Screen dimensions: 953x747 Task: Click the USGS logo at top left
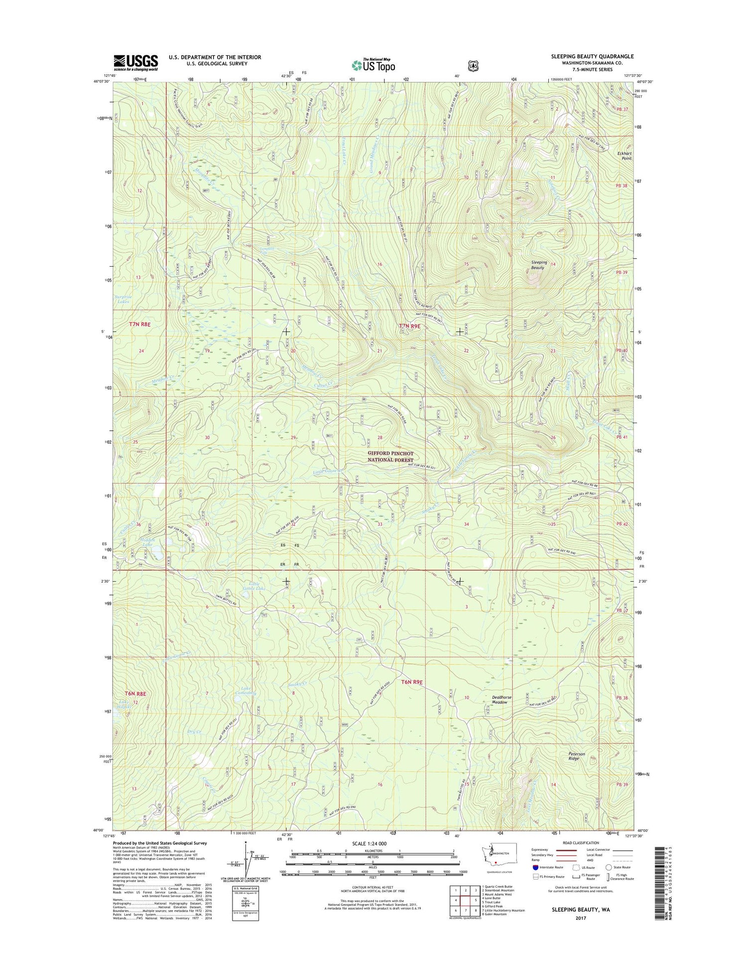135,63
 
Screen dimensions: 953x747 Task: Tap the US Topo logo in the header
373,65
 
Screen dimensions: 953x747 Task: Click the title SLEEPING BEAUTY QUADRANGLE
592,56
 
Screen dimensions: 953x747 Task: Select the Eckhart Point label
624,156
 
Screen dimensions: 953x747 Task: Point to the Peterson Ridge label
577,756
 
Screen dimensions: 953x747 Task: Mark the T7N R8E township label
140,324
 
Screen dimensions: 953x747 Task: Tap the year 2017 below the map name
580,918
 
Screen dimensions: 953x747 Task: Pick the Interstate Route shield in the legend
535,867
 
